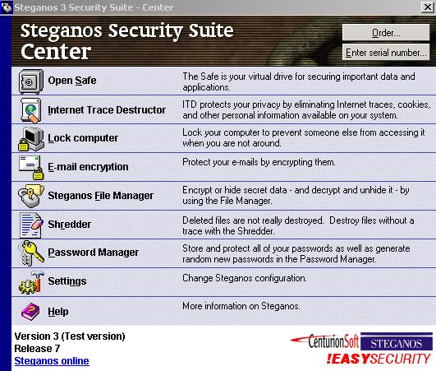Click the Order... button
(x=386, y=33)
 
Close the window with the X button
(x=428, y=7)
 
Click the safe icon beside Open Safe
(x=31, y=81)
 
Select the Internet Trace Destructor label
(x=107, y=109)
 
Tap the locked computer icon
(x=31, y=139)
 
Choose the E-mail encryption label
(x=88, y=167)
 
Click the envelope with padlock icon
(x=31, y=167)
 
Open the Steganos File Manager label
(x=101, y=196)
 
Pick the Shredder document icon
(x=31, y=225)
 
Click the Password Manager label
(x=93, y=253)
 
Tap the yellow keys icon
(x=31, y=253)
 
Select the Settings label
(x=67, y=281)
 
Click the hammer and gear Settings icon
(x=31, y=282)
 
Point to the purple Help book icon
(x=31, y=312)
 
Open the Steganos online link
(x=52, y=361)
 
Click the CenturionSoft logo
(x=325, y=341)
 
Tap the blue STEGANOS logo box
(x=397, y=341)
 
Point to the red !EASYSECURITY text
(x=379, y=359)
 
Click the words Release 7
(x=37, y=349)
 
